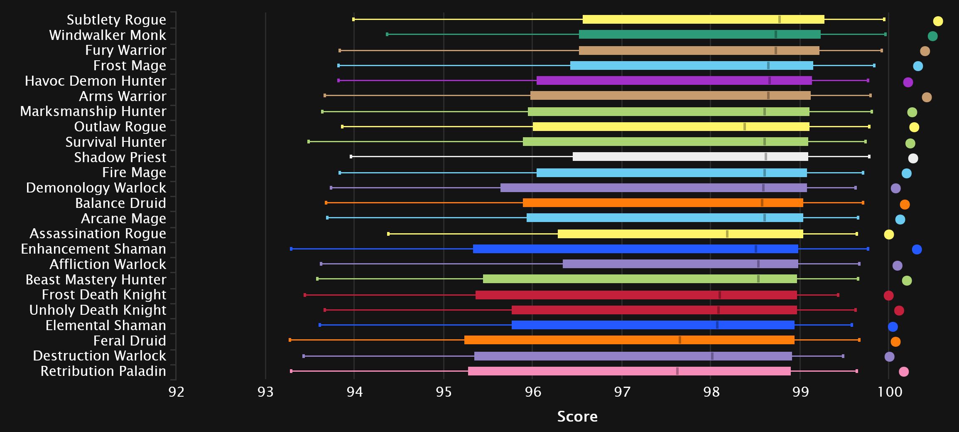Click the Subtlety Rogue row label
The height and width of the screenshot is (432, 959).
pyautogui.click(x=116, y=20)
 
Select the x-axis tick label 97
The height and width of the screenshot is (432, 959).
pyautogui.click(x=622, y=392)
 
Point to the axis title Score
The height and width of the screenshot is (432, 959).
pyautogui.click(x=577, y=416)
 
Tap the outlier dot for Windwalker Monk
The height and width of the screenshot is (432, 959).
pyautogui.click(x=932, y=36)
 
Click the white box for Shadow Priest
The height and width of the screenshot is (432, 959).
pyautogui.click(x=690, y=157)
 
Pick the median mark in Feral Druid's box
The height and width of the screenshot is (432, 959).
pyautogui.click(x=680, y=340)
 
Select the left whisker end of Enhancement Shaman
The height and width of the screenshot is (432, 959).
pyautogui.click(x=291, y=249)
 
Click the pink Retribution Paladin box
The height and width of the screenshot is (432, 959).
pyautogui.click(x=629, y=371)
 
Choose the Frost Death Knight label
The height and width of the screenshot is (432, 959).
pyautogui.click(x=104, y=295)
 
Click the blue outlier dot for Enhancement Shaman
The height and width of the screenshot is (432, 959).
pyautogui.click(x=917, y=249)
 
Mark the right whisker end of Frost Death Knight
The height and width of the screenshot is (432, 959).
pyautogui.click(x=838, y=295)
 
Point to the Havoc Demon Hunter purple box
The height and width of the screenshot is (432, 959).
pyautogui.click(x=674, y=81)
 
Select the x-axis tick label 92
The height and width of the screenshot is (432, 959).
pyautogui.click(x=176, y=392)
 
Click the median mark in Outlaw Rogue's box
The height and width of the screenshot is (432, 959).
pyautogui.click(x=745, y=127)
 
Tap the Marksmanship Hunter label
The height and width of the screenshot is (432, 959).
pyautogui.click(x=93, y=111)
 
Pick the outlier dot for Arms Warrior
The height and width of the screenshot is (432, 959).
pyautogui.click(x=927, y=97)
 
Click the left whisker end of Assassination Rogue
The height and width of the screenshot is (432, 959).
pyautogui.click(x=388, y=234)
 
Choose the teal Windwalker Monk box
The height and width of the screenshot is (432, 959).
pyautogui.click(x=700, y=35)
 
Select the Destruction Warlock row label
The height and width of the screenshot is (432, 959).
pyautogui.click(x=99, y=356)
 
